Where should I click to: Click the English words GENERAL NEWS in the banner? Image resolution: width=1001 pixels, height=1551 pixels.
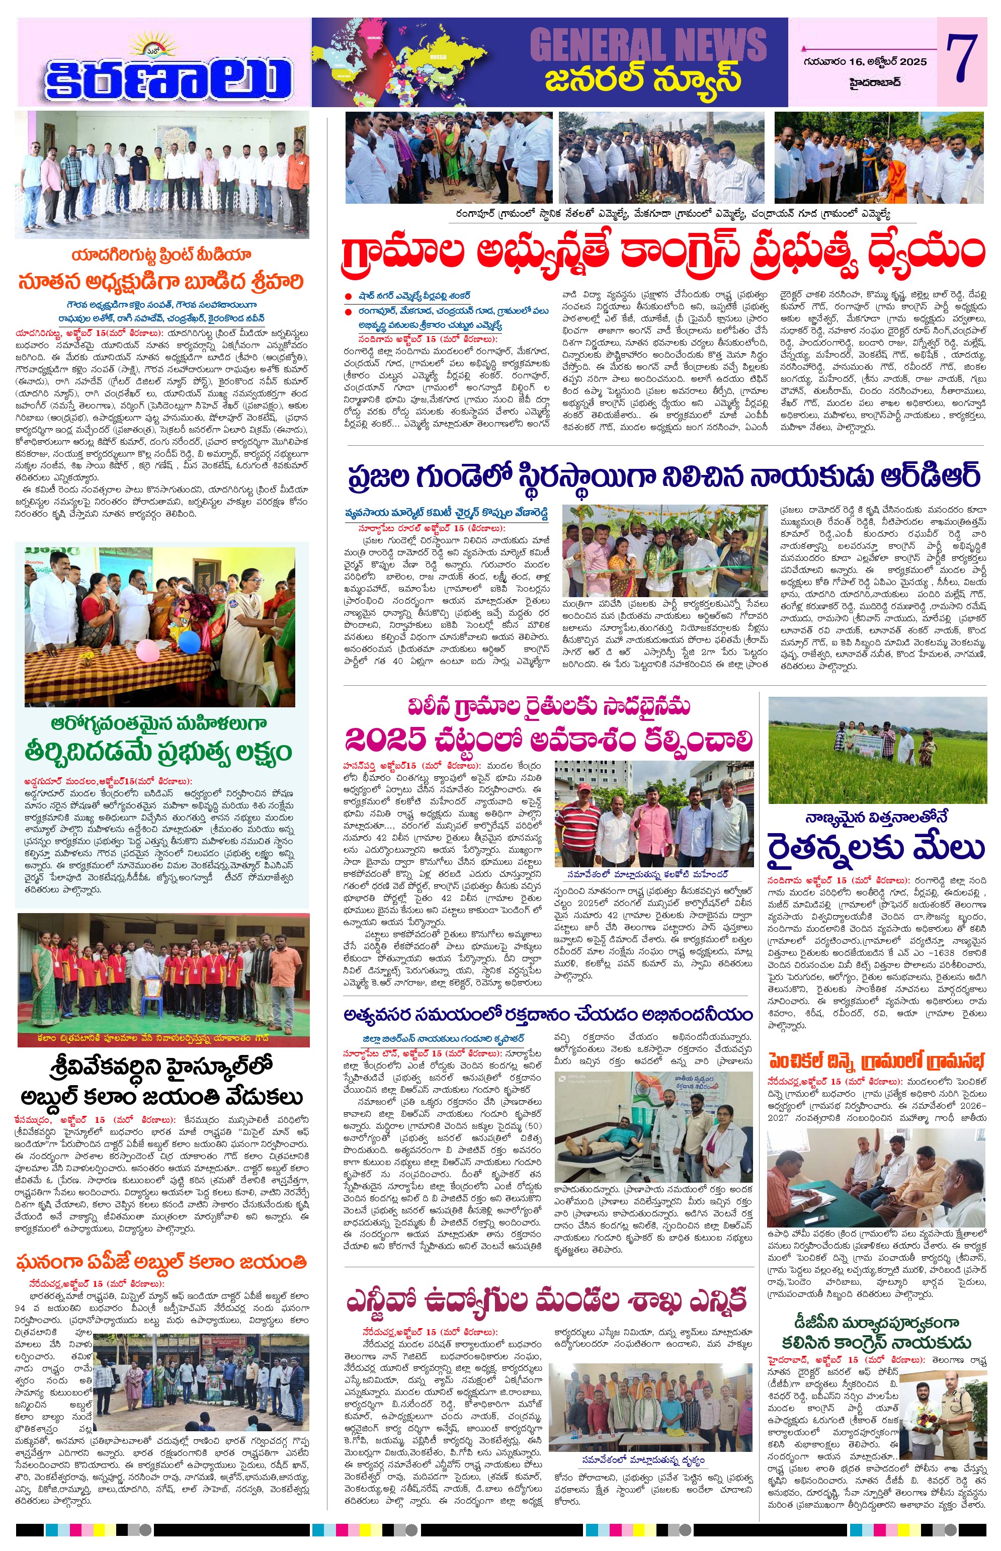click(x=647, y=44)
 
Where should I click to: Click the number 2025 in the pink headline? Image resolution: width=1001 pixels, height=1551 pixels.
click(x=385, y=739)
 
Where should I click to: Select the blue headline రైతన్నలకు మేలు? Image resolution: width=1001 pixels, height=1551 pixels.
click(x=876, y=848)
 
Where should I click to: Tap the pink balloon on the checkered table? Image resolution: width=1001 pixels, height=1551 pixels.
click(x=145, y=649)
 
